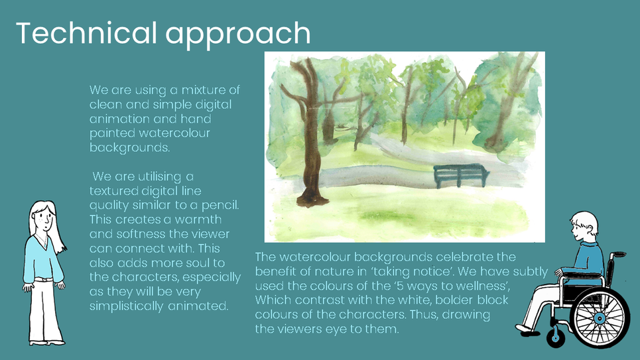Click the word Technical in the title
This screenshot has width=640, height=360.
86,33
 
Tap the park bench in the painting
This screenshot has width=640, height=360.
461,176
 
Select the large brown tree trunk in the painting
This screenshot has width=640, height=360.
310,135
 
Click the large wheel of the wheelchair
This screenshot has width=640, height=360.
600,318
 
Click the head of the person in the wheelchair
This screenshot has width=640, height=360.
584,227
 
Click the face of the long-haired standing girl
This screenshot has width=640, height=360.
43,221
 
